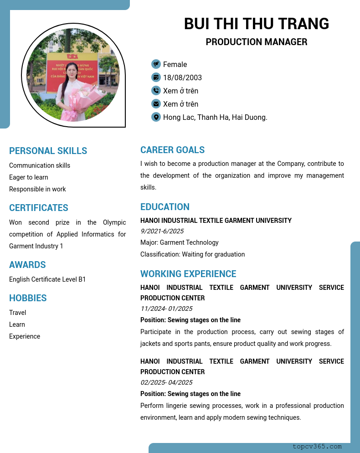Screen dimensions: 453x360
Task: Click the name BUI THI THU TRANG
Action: click(x=256, y=24)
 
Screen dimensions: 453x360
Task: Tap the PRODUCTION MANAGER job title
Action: click(x=256, y=42)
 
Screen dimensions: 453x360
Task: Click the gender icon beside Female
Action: click(x=156, y=64)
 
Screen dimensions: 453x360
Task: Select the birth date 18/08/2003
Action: click(x=182, y=77)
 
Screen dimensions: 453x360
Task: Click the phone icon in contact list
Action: click(x=156, y=91)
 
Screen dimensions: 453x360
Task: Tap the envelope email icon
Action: click(x=156, y=104)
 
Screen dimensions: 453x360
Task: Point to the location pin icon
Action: click(x=156, y=117)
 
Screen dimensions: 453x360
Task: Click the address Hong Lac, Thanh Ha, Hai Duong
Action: click(x=215, y=117)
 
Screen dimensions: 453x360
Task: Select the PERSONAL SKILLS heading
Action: click(x=48, y=151)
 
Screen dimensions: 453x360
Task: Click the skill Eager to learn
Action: click(x=28, y=177)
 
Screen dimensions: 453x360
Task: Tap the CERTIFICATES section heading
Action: click(x=39, y=208)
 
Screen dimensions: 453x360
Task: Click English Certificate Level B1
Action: click(x=47, y=279)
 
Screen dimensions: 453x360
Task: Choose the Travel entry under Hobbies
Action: click(x=17, y=313)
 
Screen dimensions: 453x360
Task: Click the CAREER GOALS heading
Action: click(x=172, y=150)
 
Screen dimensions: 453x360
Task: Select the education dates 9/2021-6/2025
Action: click(x=162, y=231)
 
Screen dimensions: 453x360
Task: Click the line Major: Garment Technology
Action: click(x=180, y=242)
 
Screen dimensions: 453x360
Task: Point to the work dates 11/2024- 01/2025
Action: click(x=166, y=309)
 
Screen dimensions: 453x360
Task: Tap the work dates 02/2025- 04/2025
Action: click(x=166, y=382)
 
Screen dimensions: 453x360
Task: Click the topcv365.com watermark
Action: click(x=317, y=447)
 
